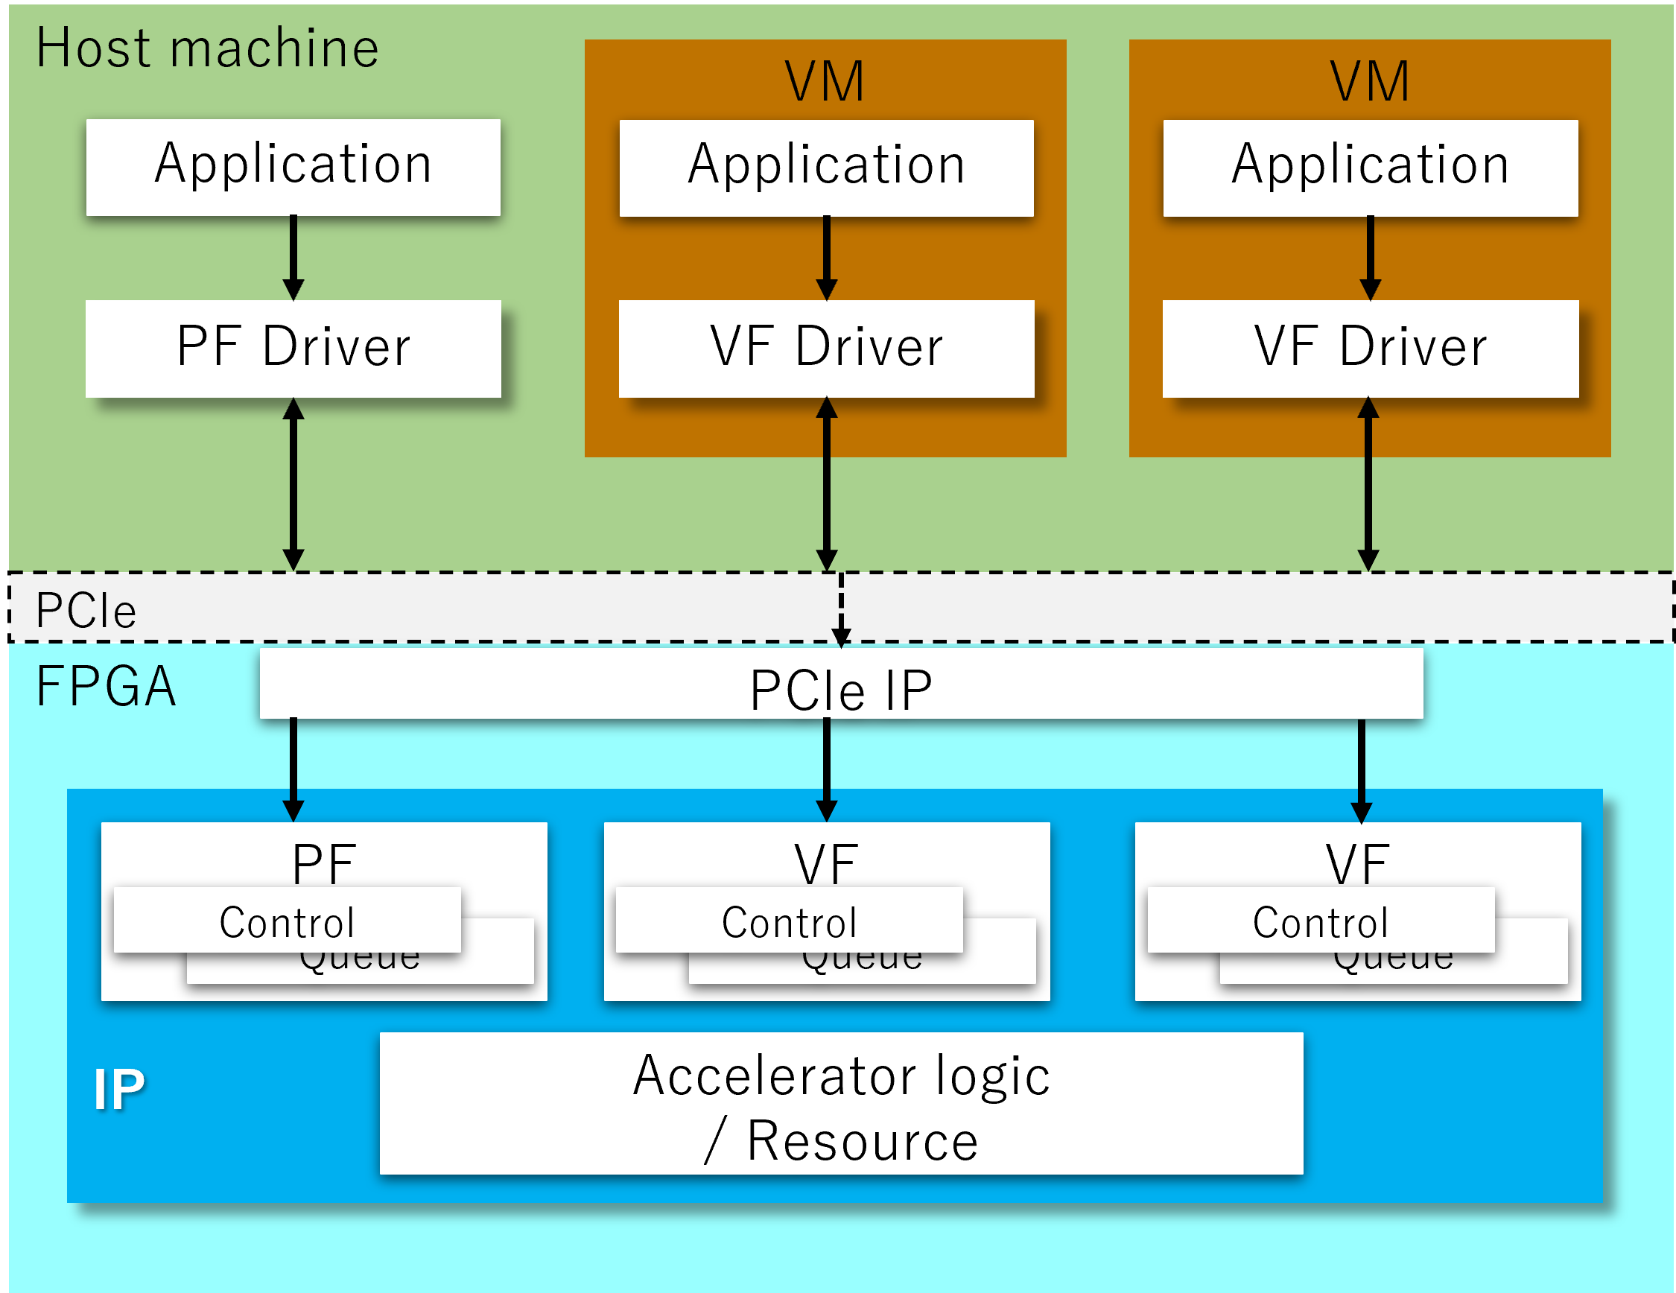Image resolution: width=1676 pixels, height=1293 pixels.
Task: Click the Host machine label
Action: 207,48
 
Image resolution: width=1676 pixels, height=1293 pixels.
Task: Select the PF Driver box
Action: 293,349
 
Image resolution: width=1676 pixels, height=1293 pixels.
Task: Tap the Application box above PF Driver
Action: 293,167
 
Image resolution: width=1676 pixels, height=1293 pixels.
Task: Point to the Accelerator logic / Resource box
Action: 841,1104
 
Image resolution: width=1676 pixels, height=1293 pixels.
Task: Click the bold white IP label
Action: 119,1089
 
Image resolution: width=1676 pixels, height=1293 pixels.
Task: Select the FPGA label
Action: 107,686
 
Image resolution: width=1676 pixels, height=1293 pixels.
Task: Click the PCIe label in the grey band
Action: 86,611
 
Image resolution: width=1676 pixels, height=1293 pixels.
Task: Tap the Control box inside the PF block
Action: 287,920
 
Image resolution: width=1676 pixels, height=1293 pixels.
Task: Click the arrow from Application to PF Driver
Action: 293,258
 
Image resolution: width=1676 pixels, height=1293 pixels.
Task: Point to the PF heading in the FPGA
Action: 323,862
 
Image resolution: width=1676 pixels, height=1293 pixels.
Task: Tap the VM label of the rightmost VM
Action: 1370,80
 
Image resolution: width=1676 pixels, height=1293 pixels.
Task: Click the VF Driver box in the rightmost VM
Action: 1371,349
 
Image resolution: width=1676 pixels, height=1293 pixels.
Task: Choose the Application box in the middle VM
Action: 827,168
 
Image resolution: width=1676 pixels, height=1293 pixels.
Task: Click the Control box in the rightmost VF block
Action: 1321,920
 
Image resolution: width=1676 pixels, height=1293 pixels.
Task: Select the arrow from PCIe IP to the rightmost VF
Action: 1362,770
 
